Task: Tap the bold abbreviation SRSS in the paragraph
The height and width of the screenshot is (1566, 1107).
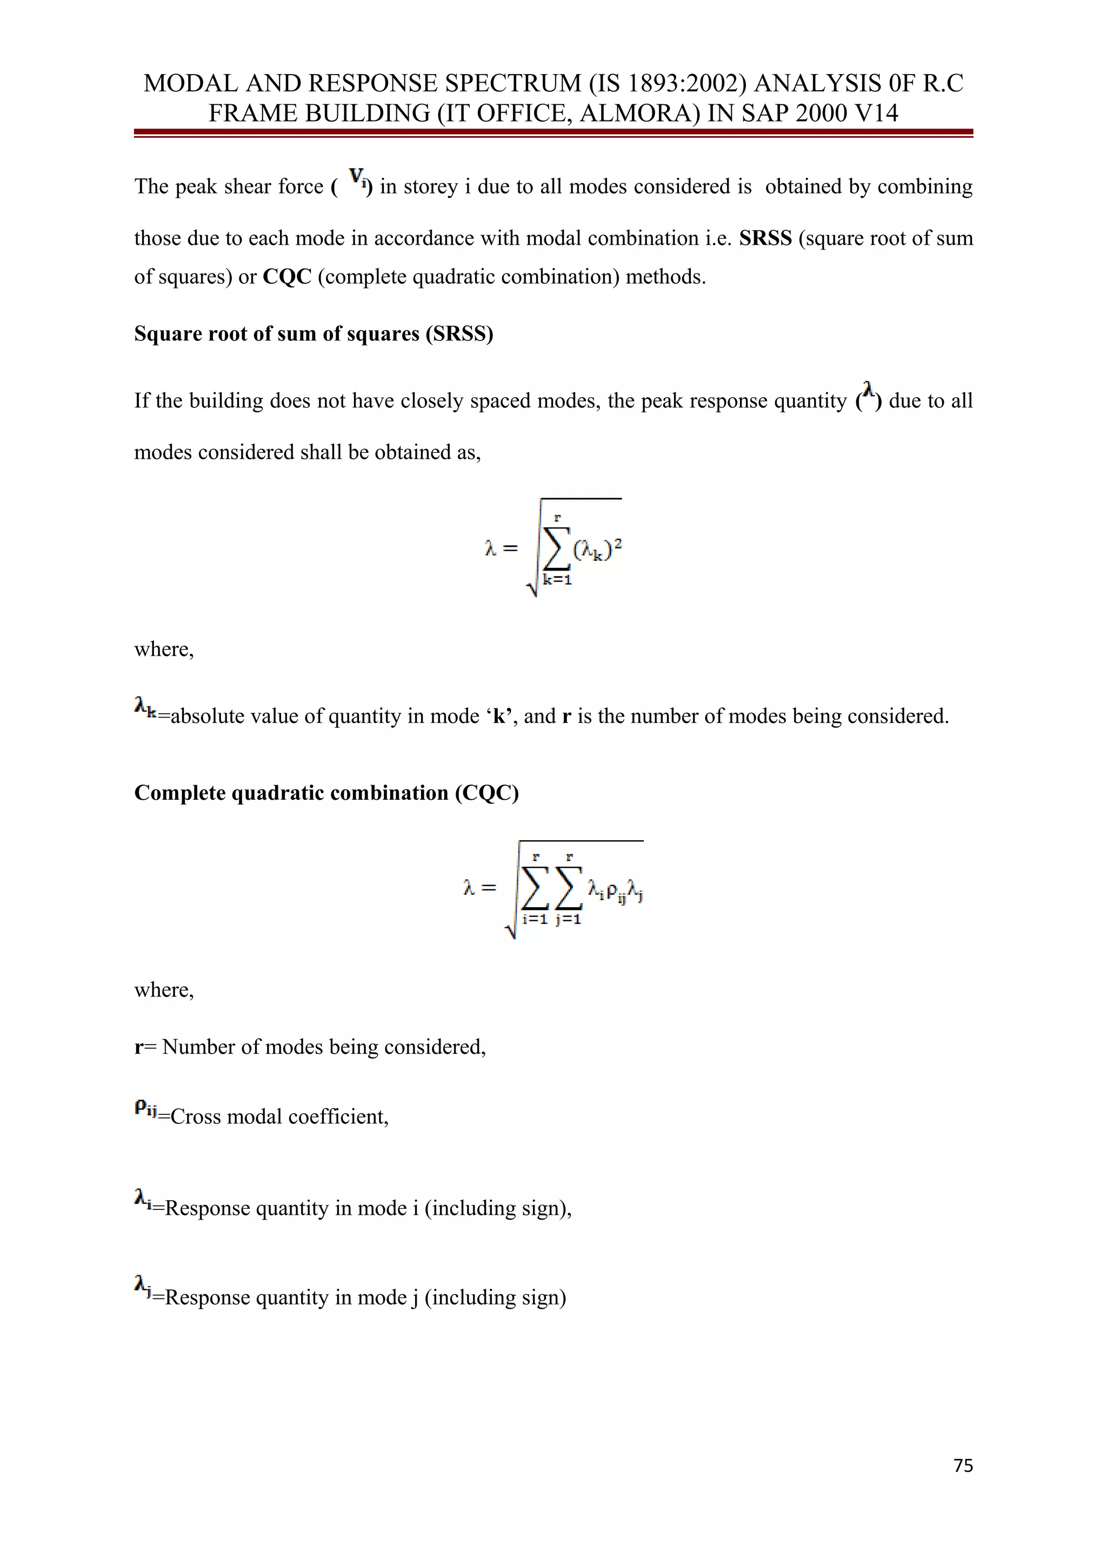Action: pyautogui.click(x=765, y=238)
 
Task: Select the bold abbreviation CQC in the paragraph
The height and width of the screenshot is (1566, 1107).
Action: pyautogui.click(x=286, y=277)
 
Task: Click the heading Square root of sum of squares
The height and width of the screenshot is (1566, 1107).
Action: pyautogui.click(x=313, y=333)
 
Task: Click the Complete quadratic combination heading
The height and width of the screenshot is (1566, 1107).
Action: pyautogui.click(x=326, y=793)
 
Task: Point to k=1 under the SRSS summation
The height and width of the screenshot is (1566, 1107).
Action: pyautogui.click(x=557, y=580)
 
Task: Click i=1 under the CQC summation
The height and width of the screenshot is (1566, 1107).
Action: pyautogui.click(x=534, y=919)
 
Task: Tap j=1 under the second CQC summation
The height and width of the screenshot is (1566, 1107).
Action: pyautogui.click(x=568, y=919)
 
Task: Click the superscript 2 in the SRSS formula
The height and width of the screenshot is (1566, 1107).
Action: pyautogui.click(x=618, y=542)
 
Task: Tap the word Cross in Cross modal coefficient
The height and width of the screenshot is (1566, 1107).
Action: pyautogui.click(x=196, y=1116)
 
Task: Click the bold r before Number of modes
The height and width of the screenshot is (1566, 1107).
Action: pyautogui.click(x=138, y=1047)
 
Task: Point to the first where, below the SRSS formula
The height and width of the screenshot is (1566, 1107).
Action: pyautogui.click(x=164, y=650)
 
